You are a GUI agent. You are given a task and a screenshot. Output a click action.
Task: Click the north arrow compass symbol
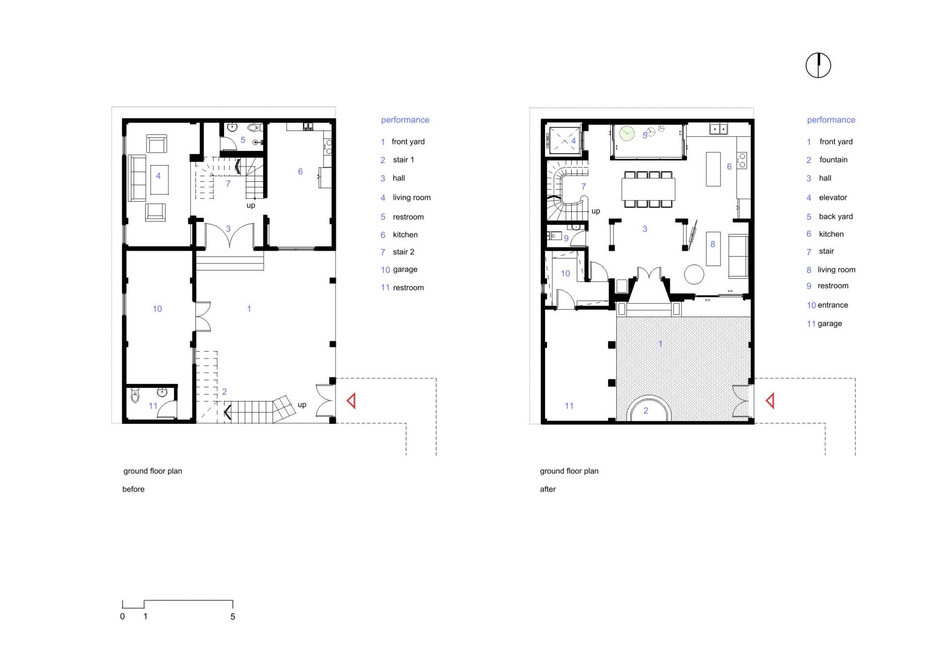click(x=818, y=65)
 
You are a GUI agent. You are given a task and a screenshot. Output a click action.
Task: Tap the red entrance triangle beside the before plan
click(x=352, y=401)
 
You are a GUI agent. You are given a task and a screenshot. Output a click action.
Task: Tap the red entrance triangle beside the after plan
click(x=770, y=401)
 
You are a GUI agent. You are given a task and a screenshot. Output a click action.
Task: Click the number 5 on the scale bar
click(x=233, y=616)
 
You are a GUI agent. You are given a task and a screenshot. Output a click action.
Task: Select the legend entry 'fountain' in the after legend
click(x=833, y=160)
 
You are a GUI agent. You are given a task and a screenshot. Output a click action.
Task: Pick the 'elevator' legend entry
click(x=833, y=197)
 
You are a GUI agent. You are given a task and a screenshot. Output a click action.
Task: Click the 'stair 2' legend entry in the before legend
click(x=403, y=252)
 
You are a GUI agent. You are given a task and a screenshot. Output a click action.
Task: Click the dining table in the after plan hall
click(x=648, y=189)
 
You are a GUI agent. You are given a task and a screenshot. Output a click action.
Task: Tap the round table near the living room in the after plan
click(x=694, y=274)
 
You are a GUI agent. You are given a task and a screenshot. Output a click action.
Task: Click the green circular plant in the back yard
click(x=627, y=133)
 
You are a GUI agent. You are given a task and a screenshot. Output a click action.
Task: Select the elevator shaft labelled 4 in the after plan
click(x=564, y=140)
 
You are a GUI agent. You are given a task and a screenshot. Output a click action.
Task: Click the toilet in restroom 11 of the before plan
click(x=135, y=396)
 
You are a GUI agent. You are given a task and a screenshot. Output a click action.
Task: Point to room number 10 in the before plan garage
click(x=157, y=309)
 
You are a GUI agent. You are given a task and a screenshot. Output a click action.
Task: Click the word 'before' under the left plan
click(x=133, y=489)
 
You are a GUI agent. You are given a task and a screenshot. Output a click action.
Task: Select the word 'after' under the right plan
click(x=548, y=489)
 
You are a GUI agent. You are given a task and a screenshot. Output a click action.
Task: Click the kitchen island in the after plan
click(x=713, y=169)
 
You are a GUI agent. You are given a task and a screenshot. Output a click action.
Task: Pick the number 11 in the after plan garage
click(x=569, y=406)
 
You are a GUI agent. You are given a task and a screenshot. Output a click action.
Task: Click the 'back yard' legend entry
click(x=835, y=216)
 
